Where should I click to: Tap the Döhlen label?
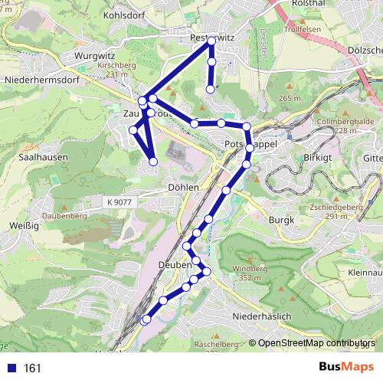point(183,186)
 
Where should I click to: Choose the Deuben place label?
point(175,264)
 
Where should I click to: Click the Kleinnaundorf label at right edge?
point(364,273)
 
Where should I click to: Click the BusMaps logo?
point(346,368)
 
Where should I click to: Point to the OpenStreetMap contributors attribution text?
point(317,343)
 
